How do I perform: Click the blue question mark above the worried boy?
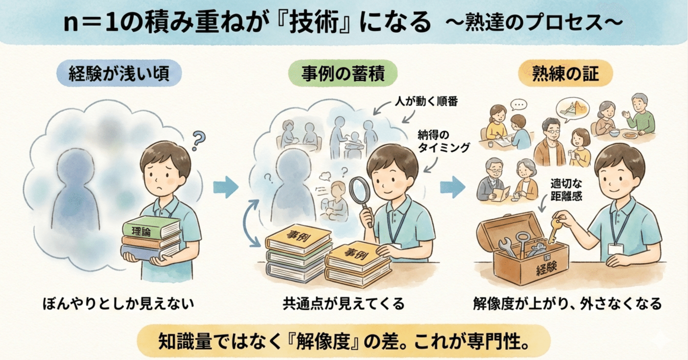pos(199,141)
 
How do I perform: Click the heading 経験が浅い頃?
pos(119,73)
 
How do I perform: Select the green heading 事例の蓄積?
pos(343,73)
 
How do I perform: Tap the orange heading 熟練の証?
pos(565,73)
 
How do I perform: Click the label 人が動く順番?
pos(426,101)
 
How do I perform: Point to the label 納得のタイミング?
pos(444,141)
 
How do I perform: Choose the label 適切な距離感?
pos(566,190)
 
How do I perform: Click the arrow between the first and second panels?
pos(226,187)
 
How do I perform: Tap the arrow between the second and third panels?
pos(453,187)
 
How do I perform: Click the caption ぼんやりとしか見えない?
pos(118,303)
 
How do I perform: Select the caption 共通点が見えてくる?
pos(344,303)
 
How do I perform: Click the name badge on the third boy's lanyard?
pos(616,249)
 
